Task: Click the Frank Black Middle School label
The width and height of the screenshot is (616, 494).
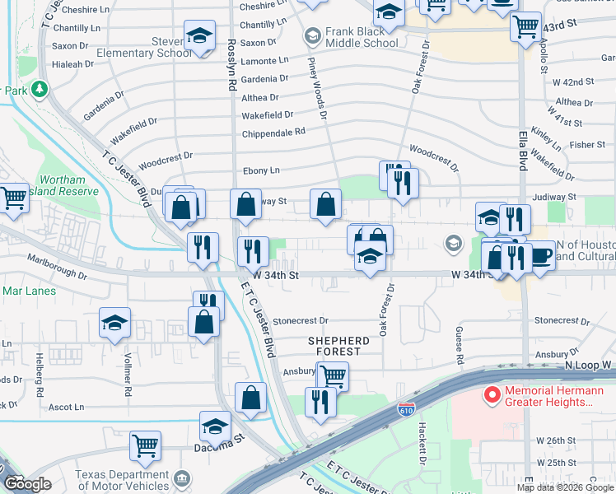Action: click(x=361, y=37)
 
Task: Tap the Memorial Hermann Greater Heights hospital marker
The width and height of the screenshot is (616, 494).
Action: click(x=492, y=396)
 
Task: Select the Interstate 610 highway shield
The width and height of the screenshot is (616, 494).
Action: click(x=406, y=409)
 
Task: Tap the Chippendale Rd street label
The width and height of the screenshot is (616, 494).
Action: click(x=273, y=132)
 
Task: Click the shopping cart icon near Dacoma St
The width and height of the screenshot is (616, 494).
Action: click(x=146, y=445)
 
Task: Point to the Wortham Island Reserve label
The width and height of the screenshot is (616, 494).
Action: click(x=63, y=185)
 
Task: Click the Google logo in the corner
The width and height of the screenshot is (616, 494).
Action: click(x=27, y=484)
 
